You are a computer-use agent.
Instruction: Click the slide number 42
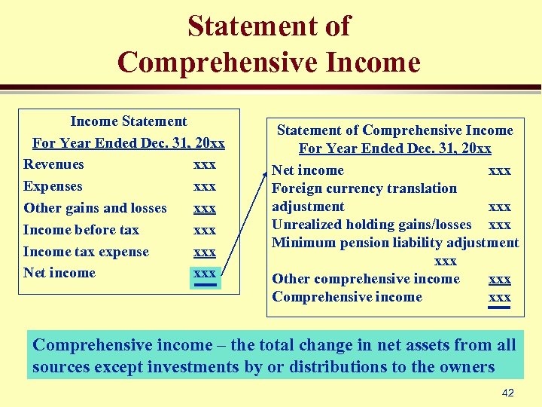tap(507, 393)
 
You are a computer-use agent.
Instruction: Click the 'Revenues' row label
tap(53, 164)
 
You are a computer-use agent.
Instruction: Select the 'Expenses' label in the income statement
tap(53, 186)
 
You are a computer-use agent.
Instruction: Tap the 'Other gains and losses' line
tap(95, 208)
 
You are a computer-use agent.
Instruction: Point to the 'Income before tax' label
tap(81, 230)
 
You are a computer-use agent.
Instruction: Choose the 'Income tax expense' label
tap(86, 252)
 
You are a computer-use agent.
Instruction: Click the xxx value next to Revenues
tap(205, 164)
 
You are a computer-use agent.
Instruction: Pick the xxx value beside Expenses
tap(205, 186)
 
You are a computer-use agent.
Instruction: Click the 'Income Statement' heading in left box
tap(129, 121)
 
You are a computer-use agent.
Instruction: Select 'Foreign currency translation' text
tap(364, 188)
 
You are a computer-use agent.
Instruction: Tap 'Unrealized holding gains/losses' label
tap(372, 225)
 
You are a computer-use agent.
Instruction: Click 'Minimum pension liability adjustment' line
tap(395, 243)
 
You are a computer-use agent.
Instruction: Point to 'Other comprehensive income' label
tap(366, 279)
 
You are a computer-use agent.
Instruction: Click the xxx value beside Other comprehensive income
tap(500, 279)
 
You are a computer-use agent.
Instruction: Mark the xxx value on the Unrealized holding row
tap(500, 225)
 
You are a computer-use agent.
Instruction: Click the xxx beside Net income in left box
tap(205, 274)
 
